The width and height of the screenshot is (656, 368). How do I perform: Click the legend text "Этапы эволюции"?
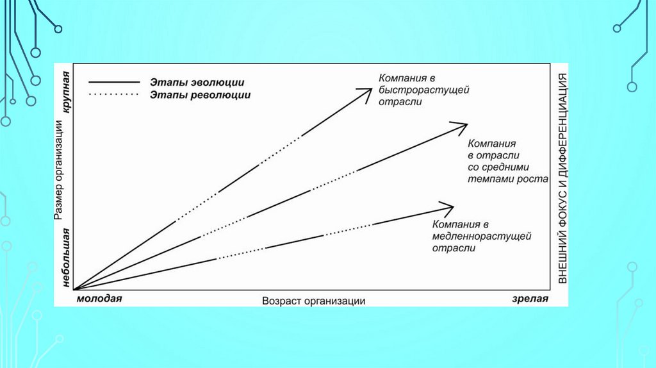[x=197, y=83]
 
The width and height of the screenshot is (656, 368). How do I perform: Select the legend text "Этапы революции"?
[x=200, y=94]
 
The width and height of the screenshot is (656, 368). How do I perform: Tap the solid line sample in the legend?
[x=114, y=83]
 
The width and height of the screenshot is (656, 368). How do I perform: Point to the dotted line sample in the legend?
[x=114, y=94]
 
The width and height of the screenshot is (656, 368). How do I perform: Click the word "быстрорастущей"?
[x=423, y=90]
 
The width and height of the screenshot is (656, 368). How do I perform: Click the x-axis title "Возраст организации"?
[x=313, y=301]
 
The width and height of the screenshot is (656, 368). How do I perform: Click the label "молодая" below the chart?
[x=99, y=299]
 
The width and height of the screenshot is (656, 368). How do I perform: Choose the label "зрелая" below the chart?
[x=530, y=299]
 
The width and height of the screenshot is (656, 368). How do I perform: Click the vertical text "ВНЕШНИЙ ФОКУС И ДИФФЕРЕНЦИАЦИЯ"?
[x=562, y=178]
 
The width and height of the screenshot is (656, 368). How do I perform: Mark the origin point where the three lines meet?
[x=75, y=290]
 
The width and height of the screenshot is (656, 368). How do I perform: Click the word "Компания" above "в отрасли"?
[x=492, y=144]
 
